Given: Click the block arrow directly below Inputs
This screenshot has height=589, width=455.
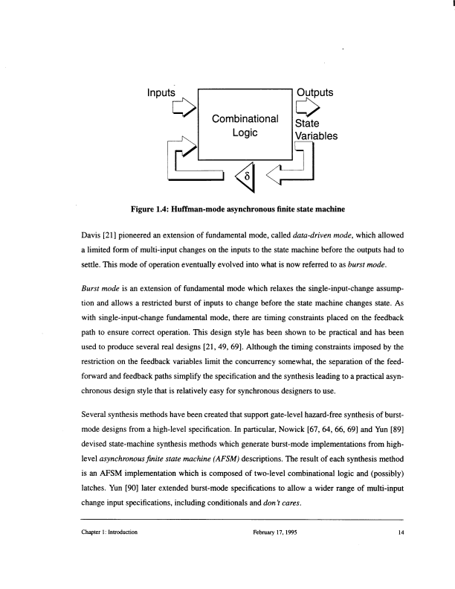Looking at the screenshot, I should point(184,111).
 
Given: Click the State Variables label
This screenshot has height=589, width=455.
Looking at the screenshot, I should point(316,130).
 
